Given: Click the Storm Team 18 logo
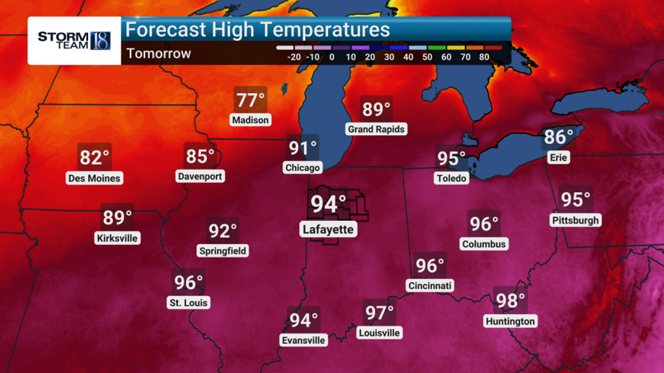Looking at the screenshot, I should coord(74,40).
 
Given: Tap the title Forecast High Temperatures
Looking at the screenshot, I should coord(257,30).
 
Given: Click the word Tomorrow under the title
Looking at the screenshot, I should coord(158,54).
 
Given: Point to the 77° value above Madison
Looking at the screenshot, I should coord(250,101).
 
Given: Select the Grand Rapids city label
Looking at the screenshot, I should coord(376,129).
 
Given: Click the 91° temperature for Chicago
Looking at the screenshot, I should coord(303,148).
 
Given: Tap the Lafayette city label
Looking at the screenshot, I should coord(328,229).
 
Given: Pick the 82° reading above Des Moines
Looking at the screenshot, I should coord(94,158).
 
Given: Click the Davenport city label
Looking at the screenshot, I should coord(200,176).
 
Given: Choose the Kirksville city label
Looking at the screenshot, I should coord(117,238).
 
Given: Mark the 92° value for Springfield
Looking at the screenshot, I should coord(223,231).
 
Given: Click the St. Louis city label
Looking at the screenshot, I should coord(188,303).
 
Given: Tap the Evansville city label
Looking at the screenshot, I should coord(304,340).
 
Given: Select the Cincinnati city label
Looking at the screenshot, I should coord(430,286).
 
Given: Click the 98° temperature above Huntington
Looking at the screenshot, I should coord(510,301).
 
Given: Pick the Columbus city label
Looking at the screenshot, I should coord(484,244).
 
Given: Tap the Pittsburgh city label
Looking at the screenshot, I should coord(575,220).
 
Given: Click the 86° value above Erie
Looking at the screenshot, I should coord(559,137).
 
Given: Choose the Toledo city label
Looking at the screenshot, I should coord(452,178).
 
